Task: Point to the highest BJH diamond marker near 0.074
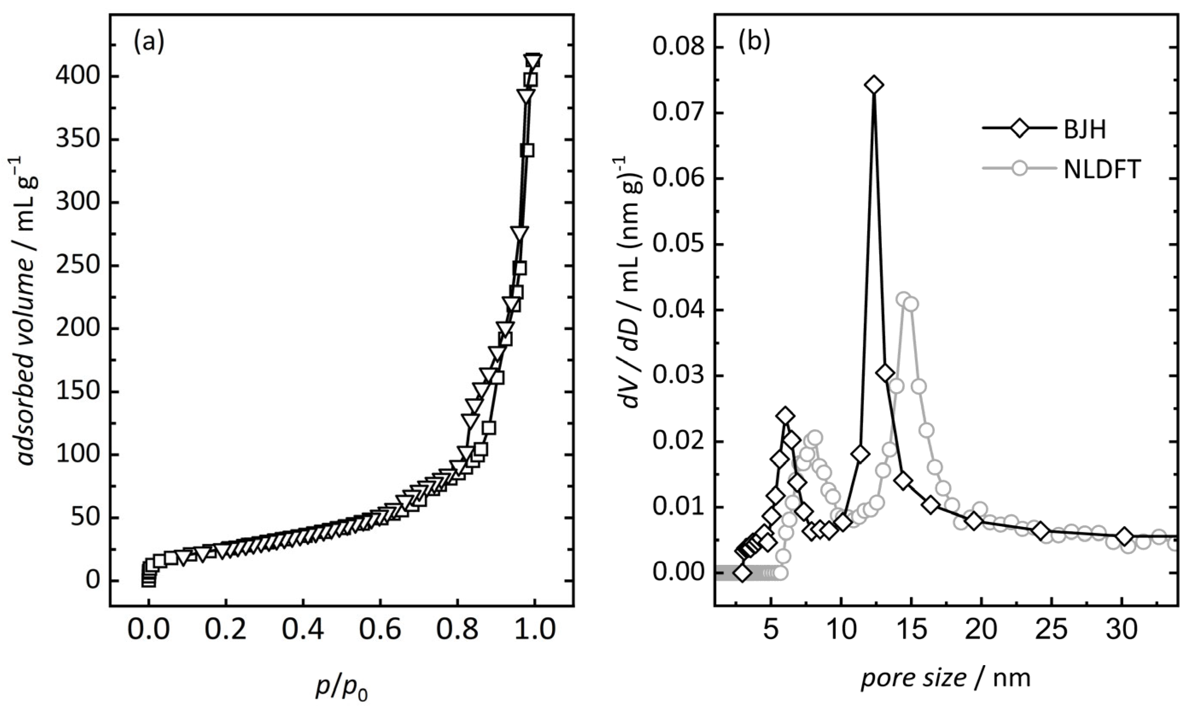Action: pyautogui.click(x=874, y=85)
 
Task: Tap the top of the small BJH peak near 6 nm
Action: pyautogui.click(x=786, y=416)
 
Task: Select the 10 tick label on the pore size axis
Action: pyautogui.click(x=840, y=631)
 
